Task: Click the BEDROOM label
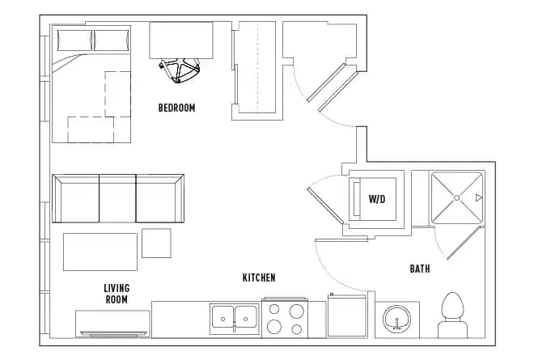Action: point(176,108)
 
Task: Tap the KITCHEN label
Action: point(259,277)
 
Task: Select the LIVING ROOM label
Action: point(117,294)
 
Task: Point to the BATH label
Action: point(420,269)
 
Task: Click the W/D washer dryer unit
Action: point(375,199)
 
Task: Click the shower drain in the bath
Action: point(456,197)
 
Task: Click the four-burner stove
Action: point(285,318)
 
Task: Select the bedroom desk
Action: point(181,40)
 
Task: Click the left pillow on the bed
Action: point(73,40)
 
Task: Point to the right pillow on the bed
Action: point(111,40)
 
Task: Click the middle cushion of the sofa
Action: point(117,199)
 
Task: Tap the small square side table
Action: point(156,243)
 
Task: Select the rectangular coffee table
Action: point(100,252)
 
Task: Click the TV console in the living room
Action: point(112,324)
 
